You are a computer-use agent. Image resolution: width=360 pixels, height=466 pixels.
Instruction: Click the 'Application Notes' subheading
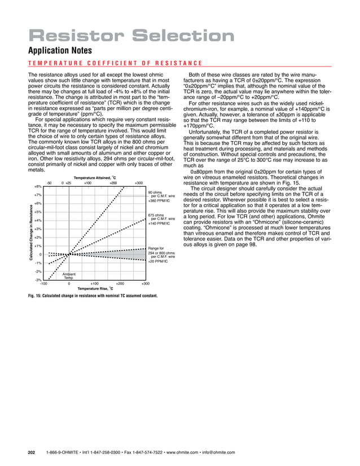point(58,51)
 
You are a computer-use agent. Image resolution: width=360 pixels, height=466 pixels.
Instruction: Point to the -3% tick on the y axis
point(38,280)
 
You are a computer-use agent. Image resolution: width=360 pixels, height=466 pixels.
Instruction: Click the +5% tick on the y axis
point(38,212)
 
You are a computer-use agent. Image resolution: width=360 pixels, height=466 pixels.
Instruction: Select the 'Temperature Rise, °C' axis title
point(96,288)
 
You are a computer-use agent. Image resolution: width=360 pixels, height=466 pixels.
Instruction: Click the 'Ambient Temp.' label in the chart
point(69,276)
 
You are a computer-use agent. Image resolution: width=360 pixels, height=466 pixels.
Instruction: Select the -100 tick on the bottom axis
point(43,284)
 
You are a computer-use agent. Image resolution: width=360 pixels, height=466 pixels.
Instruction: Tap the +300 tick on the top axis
point(139,182)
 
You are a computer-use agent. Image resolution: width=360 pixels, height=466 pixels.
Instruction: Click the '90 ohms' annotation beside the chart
point(155,192)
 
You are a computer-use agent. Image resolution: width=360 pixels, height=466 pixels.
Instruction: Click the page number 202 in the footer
point(32,452)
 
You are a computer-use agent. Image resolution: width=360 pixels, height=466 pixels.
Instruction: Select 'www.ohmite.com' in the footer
point(195,452)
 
